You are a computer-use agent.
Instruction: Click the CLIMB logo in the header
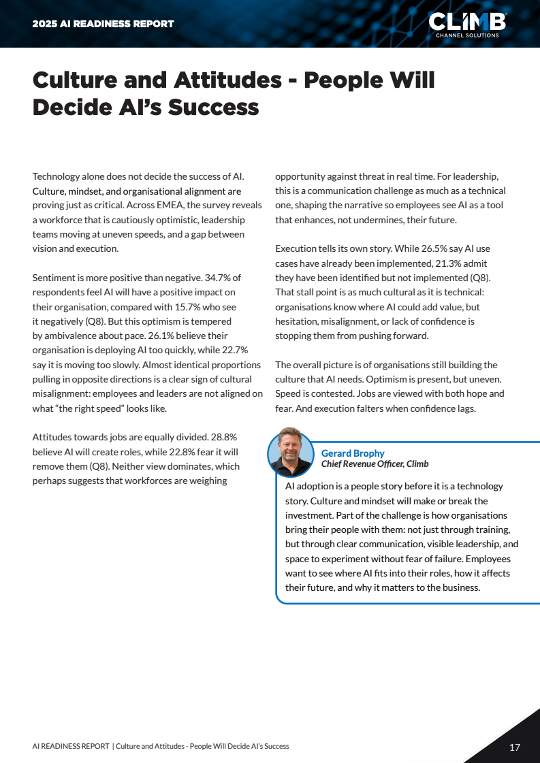466,23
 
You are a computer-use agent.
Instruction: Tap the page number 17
515,747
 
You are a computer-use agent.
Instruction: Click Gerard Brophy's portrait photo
291,451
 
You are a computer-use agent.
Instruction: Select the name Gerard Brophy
353,453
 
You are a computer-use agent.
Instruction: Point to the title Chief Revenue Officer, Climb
375,464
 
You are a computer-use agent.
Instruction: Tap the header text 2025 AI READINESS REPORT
104,24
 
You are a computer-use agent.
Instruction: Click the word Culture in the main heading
76,81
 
